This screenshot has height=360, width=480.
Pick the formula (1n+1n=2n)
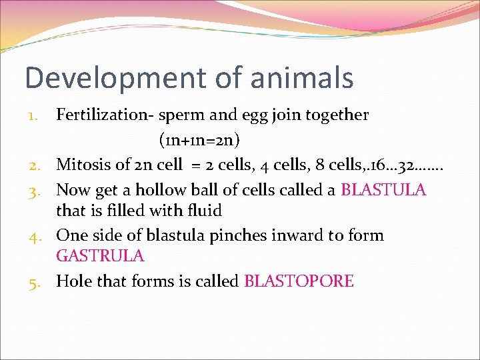(199, 141)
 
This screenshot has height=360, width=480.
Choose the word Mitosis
(83, 165)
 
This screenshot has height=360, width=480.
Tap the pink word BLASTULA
(383, 190)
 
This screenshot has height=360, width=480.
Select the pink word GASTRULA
(101, 255)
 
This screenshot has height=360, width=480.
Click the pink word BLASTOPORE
(299, 281)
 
